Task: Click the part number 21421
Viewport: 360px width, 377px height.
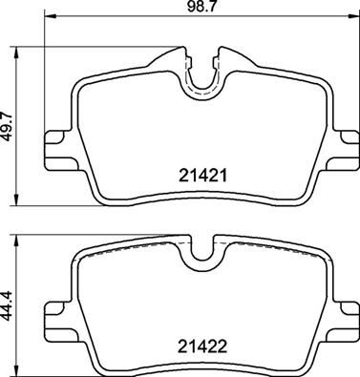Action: tap(201, 176)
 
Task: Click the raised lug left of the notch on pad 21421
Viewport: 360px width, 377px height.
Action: tap(172, 57)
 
